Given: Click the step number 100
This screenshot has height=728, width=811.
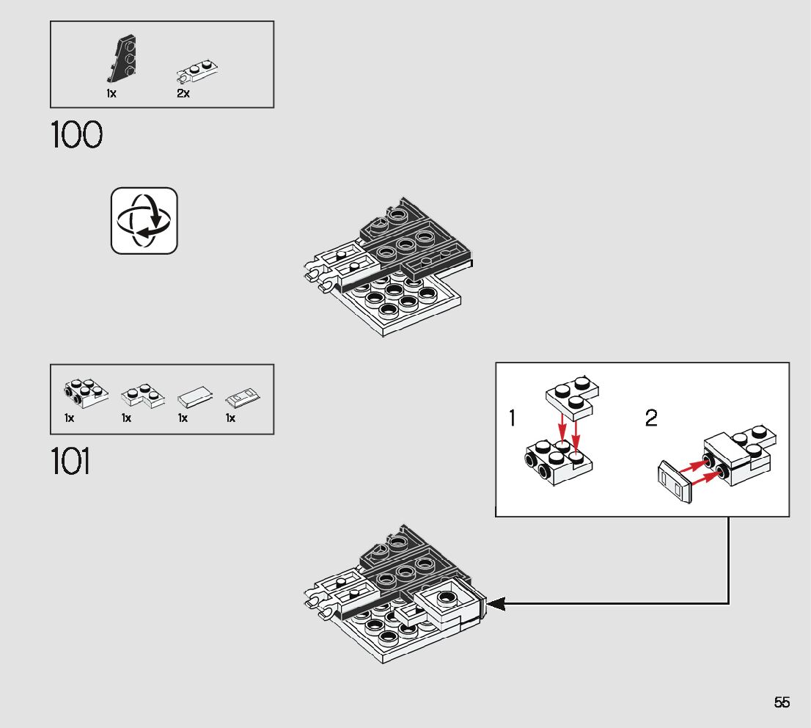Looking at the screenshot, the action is (76, 136).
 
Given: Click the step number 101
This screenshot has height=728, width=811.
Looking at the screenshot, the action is (71, 462).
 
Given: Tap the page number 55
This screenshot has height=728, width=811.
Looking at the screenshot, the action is (782, 702).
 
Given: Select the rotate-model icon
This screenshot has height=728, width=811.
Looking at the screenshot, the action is (144, 221).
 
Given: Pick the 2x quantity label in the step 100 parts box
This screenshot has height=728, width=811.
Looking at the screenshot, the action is (183, 94).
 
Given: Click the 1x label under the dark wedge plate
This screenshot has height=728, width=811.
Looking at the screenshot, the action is (111, 94).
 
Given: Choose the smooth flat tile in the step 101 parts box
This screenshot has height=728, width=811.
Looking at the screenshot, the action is (195, 398).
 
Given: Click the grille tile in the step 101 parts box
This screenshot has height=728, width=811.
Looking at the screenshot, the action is (243, 398).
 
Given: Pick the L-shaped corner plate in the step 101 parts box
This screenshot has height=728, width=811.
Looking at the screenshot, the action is (139, 395).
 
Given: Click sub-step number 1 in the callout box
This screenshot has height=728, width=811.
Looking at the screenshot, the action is (512, 419).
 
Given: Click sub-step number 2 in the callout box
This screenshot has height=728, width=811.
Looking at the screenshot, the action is (651, 419).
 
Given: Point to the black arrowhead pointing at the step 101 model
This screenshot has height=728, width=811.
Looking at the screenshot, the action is (496, 603).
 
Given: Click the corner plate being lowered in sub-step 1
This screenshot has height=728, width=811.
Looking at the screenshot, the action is (573, 394).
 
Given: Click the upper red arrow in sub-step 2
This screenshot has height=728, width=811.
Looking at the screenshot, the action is (690, 466).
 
